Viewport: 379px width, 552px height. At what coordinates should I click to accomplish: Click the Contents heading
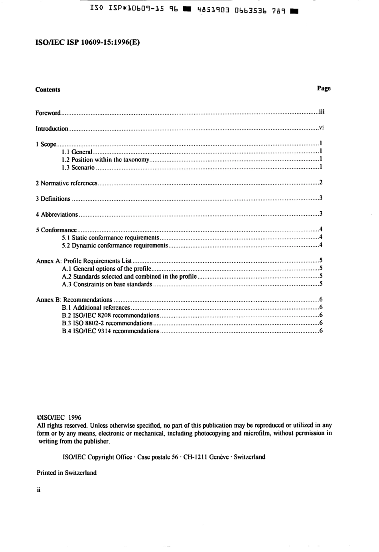(48, 90)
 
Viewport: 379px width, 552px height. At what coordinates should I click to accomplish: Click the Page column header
(324, 88)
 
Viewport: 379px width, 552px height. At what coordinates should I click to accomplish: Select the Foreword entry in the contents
(48, 113)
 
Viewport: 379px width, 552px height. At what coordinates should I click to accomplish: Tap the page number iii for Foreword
(322, 112)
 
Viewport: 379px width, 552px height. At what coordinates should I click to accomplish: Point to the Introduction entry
(52, 129)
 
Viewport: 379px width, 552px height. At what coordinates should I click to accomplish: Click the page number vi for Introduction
(321, 128)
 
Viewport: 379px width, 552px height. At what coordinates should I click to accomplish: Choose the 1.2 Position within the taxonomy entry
(106, 160)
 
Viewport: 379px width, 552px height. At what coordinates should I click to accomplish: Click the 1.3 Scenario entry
(78, 168)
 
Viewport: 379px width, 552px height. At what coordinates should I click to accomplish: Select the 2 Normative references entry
(67, 183)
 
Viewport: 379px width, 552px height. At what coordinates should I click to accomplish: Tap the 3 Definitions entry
(53, 199)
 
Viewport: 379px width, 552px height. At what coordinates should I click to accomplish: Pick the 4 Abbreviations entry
(57, 214)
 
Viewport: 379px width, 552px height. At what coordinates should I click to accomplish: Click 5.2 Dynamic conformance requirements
(114, 246)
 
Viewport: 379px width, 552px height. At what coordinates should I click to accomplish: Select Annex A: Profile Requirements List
(84, 261)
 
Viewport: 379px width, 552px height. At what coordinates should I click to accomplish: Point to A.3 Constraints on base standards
(107, 285)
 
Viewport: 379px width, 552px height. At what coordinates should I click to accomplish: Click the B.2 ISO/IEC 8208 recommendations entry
(111, 316)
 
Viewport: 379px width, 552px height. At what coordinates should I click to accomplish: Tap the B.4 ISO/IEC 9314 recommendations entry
(111, 331)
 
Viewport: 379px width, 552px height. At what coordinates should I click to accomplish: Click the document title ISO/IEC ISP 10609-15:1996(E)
(88, 43)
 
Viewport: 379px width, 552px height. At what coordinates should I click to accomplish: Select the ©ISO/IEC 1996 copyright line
(59, 418)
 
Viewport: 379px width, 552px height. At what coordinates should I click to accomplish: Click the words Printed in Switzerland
(67, 473)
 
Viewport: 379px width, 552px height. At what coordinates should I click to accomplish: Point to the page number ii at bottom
(39, 490)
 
